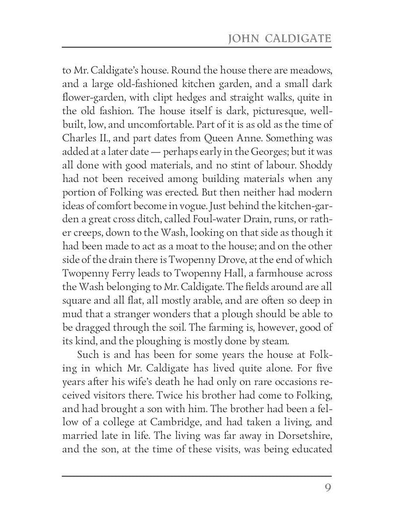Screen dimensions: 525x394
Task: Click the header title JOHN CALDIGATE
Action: point(280,39)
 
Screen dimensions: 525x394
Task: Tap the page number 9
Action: point(327,488)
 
